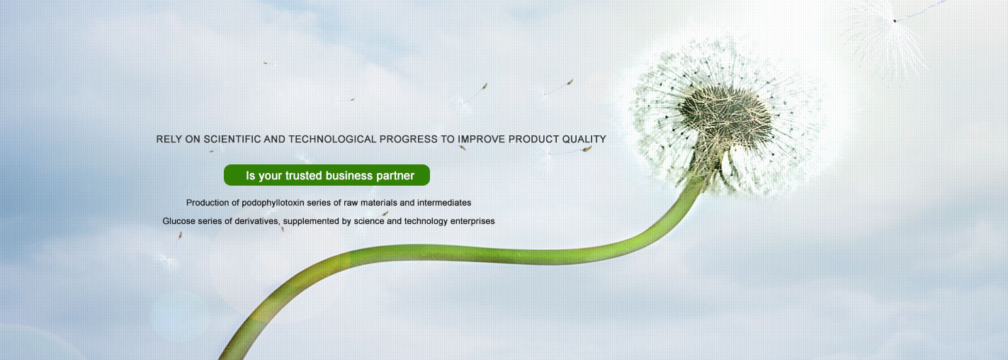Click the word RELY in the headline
[169, 140]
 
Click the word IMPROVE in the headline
[481, 140]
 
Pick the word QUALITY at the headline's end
[584, 140]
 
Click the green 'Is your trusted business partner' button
[327, 175]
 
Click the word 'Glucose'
[178, 221]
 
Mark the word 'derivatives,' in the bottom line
[258, 221]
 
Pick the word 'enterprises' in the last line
[472, 221]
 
